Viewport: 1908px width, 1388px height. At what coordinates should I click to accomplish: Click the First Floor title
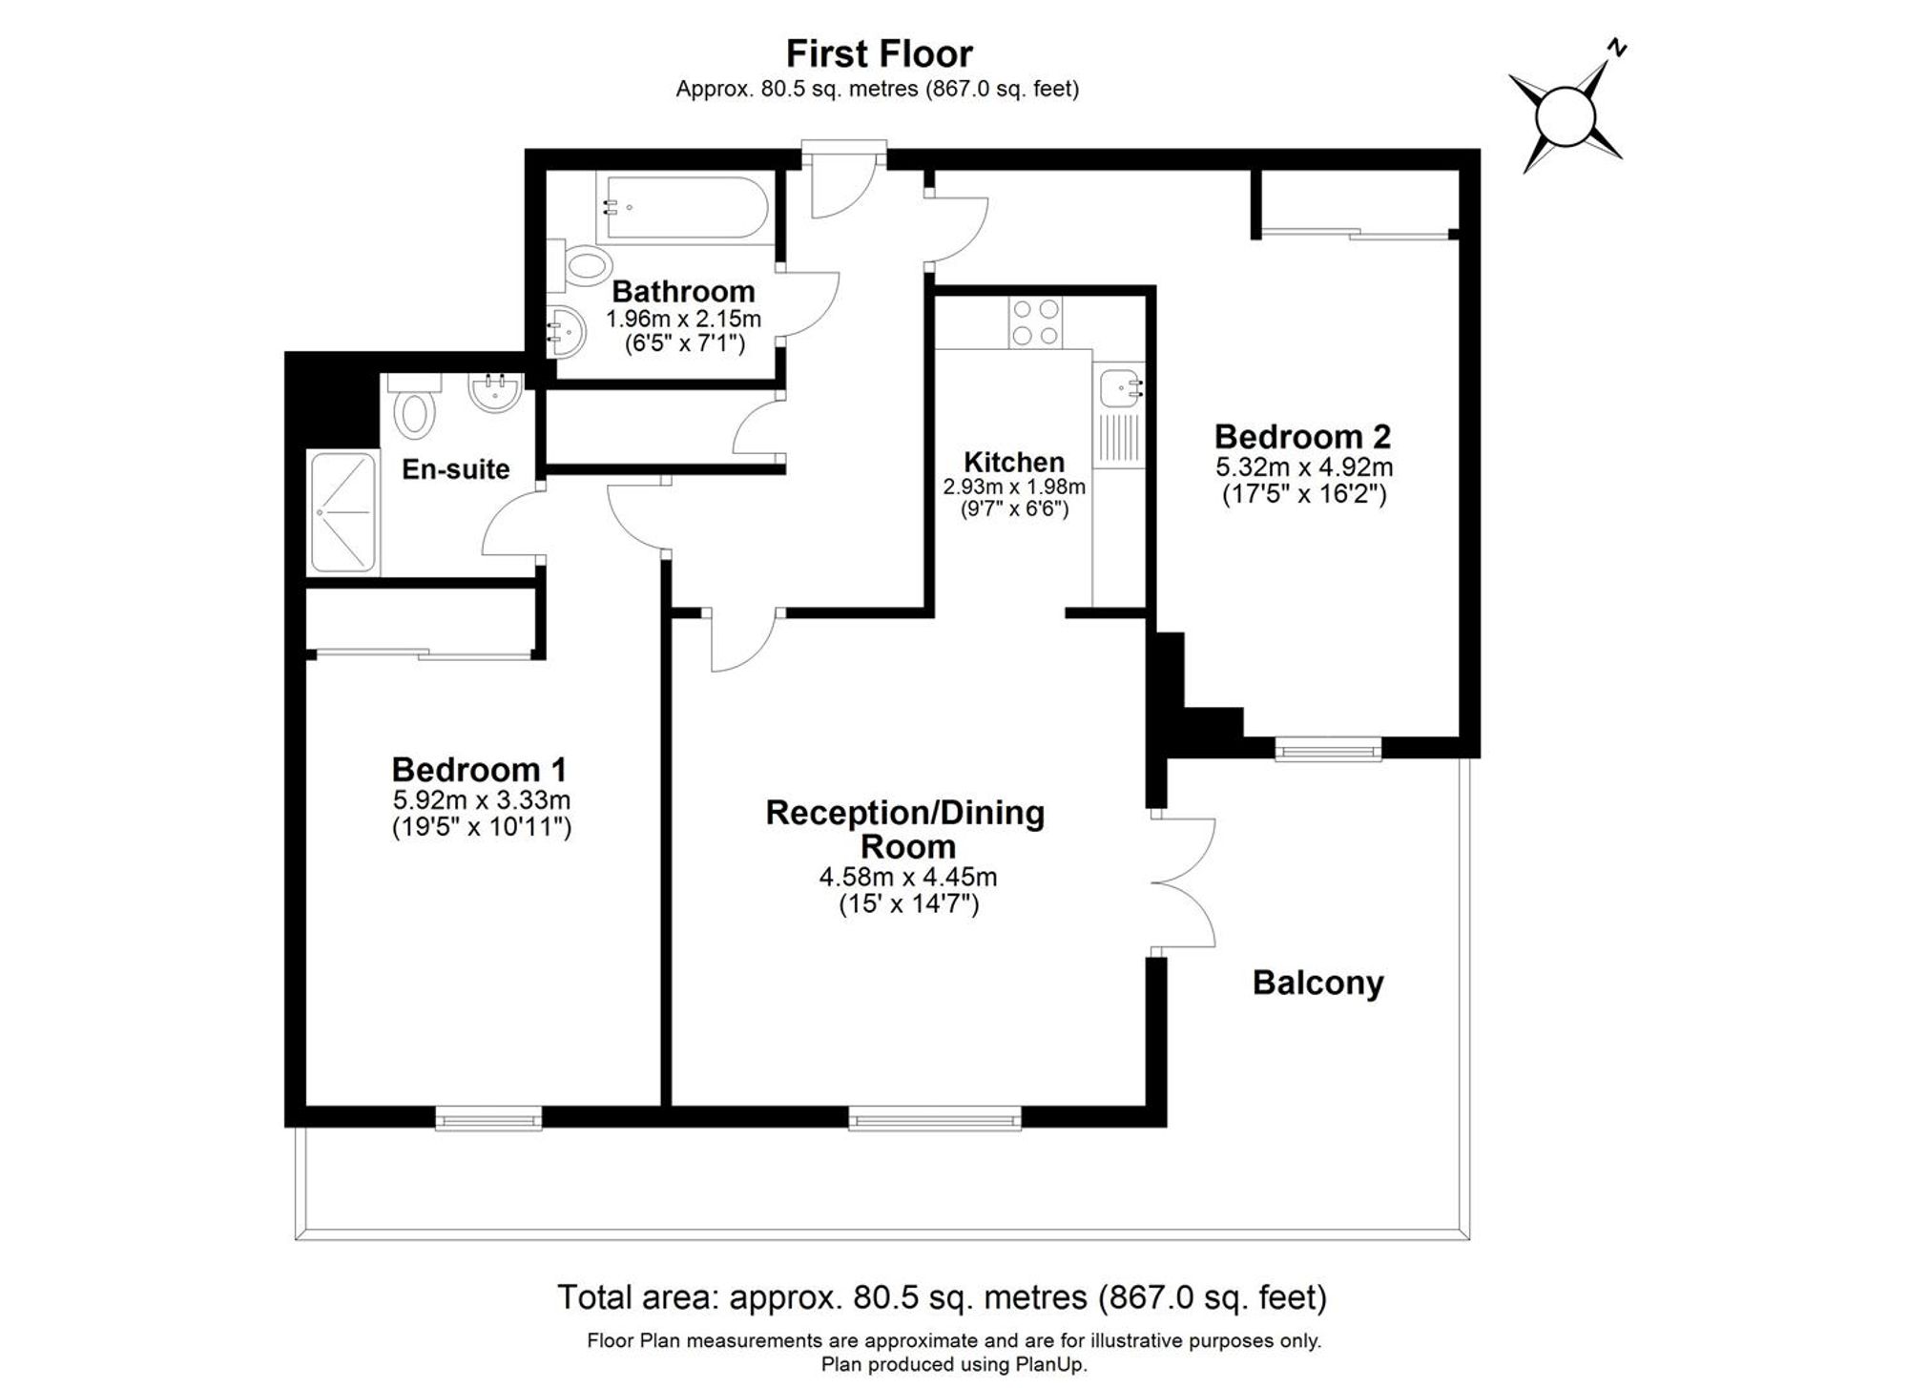coord(879,54)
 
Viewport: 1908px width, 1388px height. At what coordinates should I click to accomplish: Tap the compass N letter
coord(1616,47)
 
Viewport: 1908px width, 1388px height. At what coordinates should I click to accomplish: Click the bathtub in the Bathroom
coord(682,207)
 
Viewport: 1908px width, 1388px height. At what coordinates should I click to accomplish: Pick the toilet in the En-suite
coord(416,412)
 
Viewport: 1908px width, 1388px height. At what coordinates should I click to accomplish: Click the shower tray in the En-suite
coord(342,512)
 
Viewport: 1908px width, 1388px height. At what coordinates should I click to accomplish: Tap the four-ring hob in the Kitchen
coord(1035,322)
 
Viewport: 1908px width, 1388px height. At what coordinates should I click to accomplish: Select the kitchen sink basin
coord(1117,388)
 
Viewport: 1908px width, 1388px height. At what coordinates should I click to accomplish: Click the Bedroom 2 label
coord(1302,437)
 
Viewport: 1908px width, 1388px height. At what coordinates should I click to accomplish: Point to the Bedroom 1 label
coord(479,769)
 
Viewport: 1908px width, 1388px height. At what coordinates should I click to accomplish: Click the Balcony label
coord(1317,983)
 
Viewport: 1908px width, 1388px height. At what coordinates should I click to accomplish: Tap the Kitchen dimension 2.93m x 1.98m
coord(1013,487)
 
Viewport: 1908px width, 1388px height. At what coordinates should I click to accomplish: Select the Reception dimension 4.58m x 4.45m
coord(908,877)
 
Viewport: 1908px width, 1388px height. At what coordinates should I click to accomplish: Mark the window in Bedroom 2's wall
coord(1328,751)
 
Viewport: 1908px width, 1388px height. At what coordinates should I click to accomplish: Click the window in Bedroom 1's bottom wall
coord(488,1118)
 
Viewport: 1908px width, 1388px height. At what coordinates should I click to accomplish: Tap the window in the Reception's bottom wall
coord(934,1118)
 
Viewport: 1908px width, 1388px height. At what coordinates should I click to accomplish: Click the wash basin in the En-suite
coord(495,392)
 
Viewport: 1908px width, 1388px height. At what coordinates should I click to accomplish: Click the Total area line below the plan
coord(942,1297)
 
